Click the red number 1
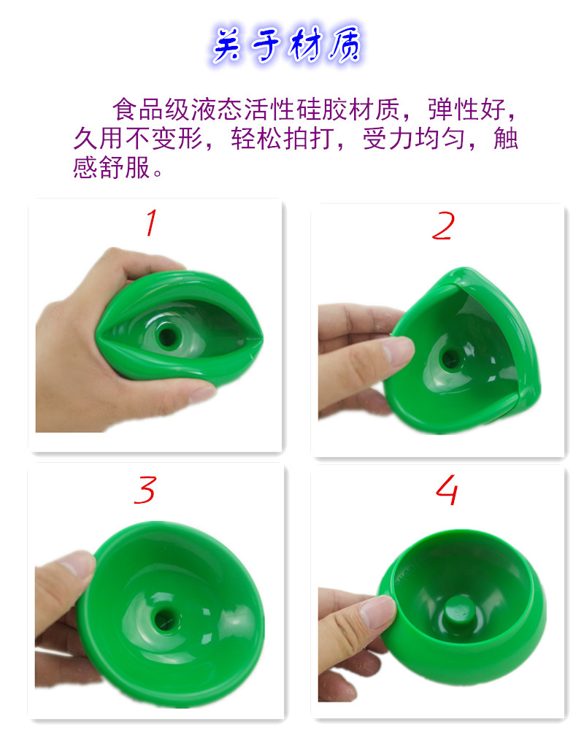(151, 223)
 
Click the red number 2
(443, 226)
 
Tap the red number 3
(145, 490)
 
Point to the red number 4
(447, 490)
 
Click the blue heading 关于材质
(286, 45)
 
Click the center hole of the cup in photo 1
(166, 335)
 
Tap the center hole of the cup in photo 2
(450, 358)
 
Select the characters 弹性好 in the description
(466, 109)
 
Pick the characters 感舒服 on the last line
(111, 167)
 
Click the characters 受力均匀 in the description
(414, 138)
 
